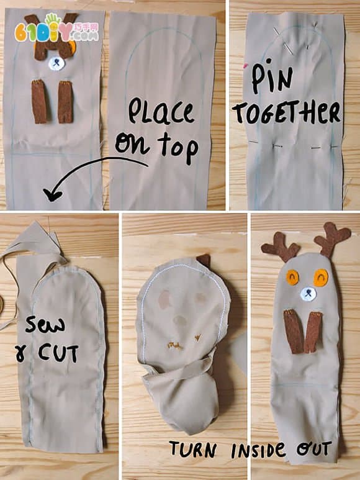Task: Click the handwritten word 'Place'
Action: click(x=161, y=111)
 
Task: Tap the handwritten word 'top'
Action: click(x=178, y=148)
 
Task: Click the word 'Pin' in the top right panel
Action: click(x=272, y=76)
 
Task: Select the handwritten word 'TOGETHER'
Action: click(x=287, y=112)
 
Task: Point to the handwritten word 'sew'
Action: click(x=45, y=325)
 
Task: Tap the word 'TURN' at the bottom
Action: click(x=193, y=449)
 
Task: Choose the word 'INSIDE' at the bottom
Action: click(x=259, y=450)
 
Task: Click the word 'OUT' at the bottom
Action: click(x=314, y=448)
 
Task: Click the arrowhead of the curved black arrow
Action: click(x=52, y=195)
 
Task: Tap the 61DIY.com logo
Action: click(x=57, y=28)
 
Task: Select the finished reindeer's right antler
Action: click(x=332, y=239)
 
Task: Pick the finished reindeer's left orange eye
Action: click(x=293, y=278)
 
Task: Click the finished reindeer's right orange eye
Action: click(x=320, y=278)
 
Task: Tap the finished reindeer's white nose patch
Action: click(x=308, y=294)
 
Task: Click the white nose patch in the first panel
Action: click(x=57, y=63)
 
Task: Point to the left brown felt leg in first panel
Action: click(x=39, y=102)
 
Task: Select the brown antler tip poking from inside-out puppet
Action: click(x=204, y=260)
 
